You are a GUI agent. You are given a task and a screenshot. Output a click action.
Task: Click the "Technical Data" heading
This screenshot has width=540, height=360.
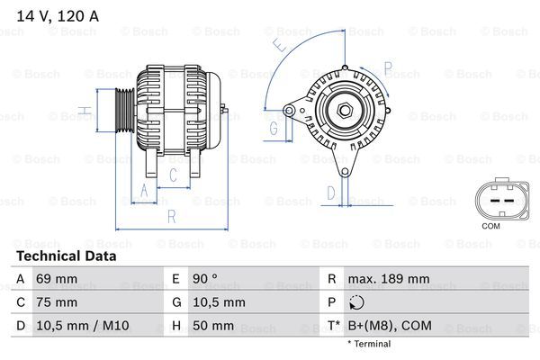click(67, 256)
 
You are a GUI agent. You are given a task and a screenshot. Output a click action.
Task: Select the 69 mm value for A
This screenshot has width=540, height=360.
click(55, 280)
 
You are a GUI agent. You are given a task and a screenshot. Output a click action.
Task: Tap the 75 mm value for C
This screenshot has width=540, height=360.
click(55, 302)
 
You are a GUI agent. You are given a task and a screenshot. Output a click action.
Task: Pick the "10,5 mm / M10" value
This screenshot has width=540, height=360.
click(81, 325)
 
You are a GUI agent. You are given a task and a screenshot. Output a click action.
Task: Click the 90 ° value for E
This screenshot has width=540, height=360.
click(206, 280)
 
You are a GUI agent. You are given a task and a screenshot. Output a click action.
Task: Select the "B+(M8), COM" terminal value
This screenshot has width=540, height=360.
click(391, 325)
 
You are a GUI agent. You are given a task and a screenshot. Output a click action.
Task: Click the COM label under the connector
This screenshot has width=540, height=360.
click(491, 226)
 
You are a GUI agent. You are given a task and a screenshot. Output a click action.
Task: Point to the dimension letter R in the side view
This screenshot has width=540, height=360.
click(170, 216)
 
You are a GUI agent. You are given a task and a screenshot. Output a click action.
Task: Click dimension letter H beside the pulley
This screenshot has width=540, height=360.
click(83, 112)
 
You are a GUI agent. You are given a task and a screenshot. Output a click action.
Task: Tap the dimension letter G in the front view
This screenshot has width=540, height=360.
click(274, 128)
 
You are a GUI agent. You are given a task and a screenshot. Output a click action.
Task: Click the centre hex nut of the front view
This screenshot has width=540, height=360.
click(345, 111)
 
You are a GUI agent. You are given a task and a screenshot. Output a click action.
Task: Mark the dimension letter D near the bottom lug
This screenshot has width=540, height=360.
click(331, 192)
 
